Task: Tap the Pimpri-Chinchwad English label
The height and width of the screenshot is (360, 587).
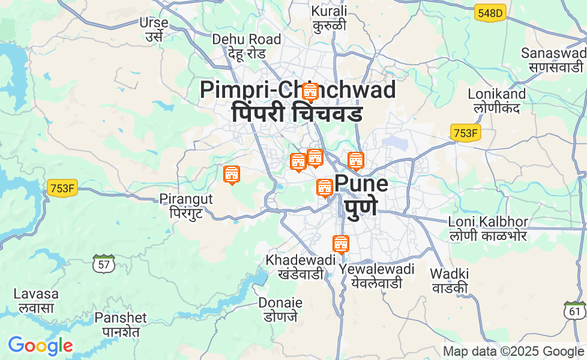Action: (x=298, y=90)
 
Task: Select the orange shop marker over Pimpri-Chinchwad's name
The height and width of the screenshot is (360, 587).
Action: (x=310, y=92)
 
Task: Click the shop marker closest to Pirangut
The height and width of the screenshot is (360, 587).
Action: (x=232, y=175)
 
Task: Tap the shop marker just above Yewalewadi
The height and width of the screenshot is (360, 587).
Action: (x=341, y=244)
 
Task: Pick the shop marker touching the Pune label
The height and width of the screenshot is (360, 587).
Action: (x=325, y=188)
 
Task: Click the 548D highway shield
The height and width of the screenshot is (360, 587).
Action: (x=490, y=13)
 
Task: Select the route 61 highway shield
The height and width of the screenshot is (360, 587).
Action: (x=575, y=310)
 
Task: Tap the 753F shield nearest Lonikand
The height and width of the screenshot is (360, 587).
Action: (x=465, y=133)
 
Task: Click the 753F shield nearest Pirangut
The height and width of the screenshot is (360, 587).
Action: (x=62, y=188)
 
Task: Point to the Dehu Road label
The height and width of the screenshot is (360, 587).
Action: (x=246, y=40)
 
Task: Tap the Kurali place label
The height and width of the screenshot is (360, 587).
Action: (x=329, y=11)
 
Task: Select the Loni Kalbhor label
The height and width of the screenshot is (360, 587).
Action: (x=487, y=222)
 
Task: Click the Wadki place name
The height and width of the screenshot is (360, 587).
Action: (x=449, y=274)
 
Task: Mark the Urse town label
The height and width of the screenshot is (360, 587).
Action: (x=154, y=23)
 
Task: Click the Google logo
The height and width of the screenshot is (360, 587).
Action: (x=40, y=346)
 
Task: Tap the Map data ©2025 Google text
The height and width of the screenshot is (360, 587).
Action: (x=513, y=352)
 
